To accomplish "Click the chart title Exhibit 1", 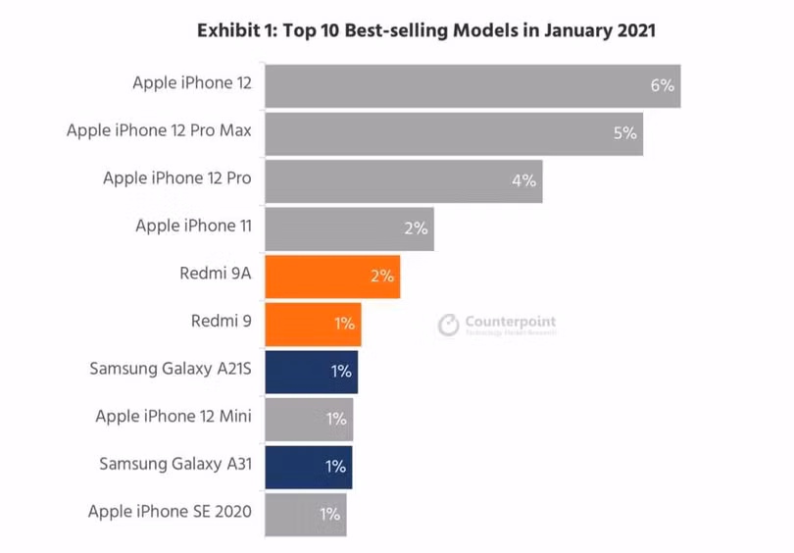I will (x=426, y=30).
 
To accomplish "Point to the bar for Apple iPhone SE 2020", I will (x=305, y=514).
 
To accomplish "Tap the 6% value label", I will (x=662, y=85).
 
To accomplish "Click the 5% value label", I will (x=625, y=133).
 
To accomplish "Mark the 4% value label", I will (x=523, y=180).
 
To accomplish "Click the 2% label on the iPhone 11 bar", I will (x=416, y=228).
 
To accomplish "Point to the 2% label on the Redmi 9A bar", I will (x=381, y=276).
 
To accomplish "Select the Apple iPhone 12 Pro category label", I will (x=177, y=178).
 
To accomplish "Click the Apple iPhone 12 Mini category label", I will (x=174, y=417).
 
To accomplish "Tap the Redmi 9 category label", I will (x=222, y=321).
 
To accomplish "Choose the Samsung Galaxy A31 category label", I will (x=175, y=464).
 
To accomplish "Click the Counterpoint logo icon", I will (x=448, y=325).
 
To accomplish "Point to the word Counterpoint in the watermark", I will (x=510, y=321).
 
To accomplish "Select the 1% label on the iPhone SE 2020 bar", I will (x=329, y=514).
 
